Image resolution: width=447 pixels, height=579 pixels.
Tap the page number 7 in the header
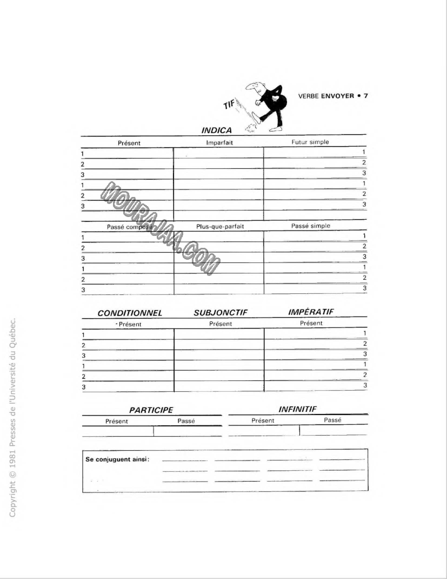coord(366,96)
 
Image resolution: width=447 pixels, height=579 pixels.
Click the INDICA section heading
coord(216,130)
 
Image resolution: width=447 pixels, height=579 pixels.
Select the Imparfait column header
coord(219,142)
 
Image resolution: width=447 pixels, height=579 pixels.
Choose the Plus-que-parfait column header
coord(220,226)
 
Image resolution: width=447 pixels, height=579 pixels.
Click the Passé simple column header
coord(310,226)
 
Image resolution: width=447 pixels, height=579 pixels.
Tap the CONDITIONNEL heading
coord(130,313)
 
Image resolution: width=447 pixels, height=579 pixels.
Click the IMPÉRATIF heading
coord(311,312)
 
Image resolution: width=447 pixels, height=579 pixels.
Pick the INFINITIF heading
coord(297,410)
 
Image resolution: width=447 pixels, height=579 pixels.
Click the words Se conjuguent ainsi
coord(117,459)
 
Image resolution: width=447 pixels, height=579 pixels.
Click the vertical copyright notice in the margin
coord(14,417)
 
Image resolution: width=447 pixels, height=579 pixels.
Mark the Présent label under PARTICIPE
coord(117,420)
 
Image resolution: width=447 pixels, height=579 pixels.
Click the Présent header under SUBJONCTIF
coord(220,324)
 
